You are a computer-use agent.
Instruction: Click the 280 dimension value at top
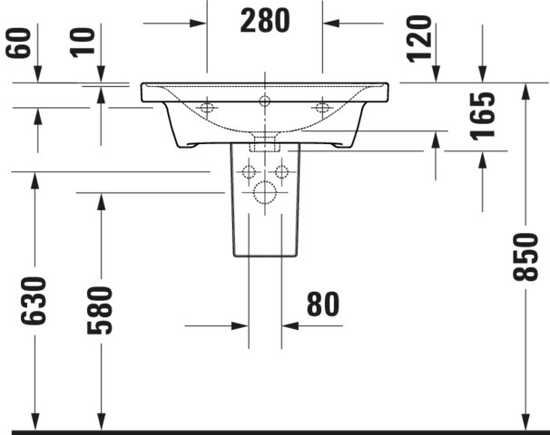point(265,21)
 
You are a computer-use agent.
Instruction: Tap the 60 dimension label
point(18,43)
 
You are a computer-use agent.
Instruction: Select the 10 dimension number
point(83,43)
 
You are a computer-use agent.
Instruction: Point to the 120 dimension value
point(418,39)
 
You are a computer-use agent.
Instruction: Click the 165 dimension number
point(483,116)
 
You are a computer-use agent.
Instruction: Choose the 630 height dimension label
point(34,301)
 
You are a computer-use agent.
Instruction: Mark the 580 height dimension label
point(101,310)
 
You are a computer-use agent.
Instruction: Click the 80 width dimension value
point(323,304)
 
